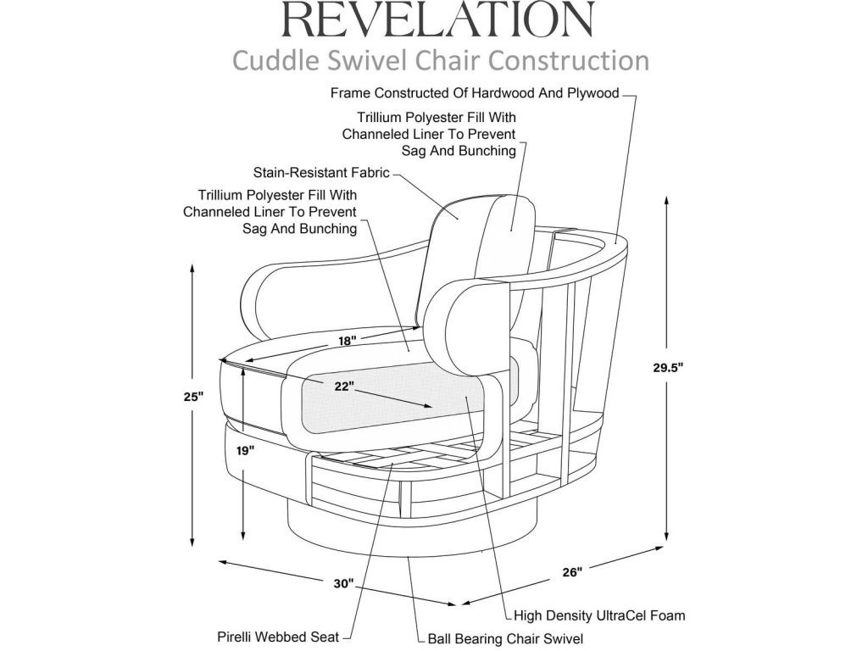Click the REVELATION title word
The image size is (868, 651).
click(438, 19)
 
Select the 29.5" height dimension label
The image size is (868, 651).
click(668, 367)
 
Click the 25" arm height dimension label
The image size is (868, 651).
click(194, 397)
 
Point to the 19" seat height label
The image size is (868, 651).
click(245, 451)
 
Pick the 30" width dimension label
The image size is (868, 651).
click(343, 583)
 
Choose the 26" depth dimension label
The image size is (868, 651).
click(572, 572)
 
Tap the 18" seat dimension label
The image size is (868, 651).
click(348, 341)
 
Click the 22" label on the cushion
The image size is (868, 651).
click(344, 386)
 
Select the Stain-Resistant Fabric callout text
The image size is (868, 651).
click(321, 173)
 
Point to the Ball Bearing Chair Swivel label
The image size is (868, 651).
click(505, 639)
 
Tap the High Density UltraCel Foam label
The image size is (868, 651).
click(599, 615)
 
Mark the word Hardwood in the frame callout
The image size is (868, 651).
click(501, 93)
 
